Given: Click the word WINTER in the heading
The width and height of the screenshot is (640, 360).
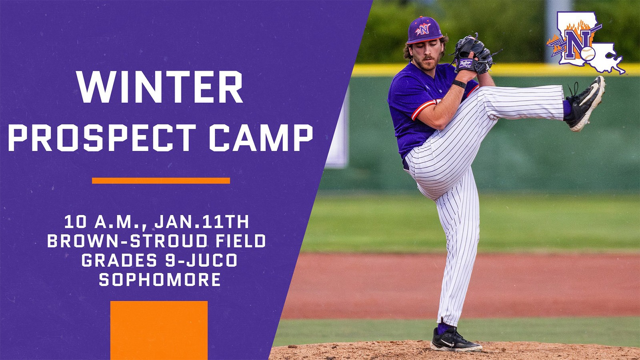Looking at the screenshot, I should [x=160, y=88].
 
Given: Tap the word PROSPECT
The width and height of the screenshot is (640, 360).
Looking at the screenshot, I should [x=102, y=138].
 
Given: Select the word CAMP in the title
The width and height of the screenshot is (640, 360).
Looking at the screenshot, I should [x=261, y=138].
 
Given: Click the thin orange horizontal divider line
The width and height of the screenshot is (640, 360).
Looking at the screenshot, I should [x=161, y=181].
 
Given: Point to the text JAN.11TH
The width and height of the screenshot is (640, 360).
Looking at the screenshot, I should [x=202, y=222].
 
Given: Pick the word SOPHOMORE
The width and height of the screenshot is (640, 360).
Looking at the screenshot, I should [x=160, y=280].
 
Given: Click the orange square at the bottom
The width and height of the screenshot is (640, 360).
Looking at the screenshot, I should [x=159, y=330].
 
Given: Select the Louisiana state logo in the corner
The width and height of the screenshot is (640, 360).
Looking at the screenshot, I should [x=586, y=43].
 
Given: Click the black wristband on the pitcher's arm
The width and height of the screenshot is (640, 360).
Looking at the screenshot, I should [x=460, y=84].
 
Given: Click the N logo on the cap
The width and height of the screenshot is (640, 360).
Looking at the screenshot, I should [x=424, y=28].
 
